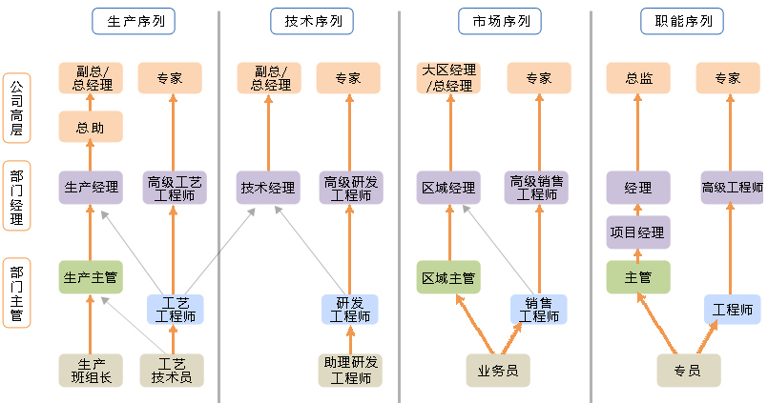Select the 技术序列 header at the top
click(x=312, y=21)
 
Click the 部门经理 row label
click(x=17, y=195)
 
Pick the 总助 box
click(x=91, y=126)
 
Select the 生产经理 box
click(x=91, y=188)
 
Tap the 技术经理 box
click(x=268, y=188)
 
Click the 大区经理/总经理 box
click(x=448, y=78)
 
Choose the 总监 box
click(x=638, y=78)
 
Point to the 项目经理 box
click(x=638, y=232)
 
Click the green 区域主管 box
click(x=448, y=277)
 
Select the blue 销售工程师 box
click(x=538, y=309)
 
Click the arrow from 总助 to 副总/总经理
click(x=91, y=102)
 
